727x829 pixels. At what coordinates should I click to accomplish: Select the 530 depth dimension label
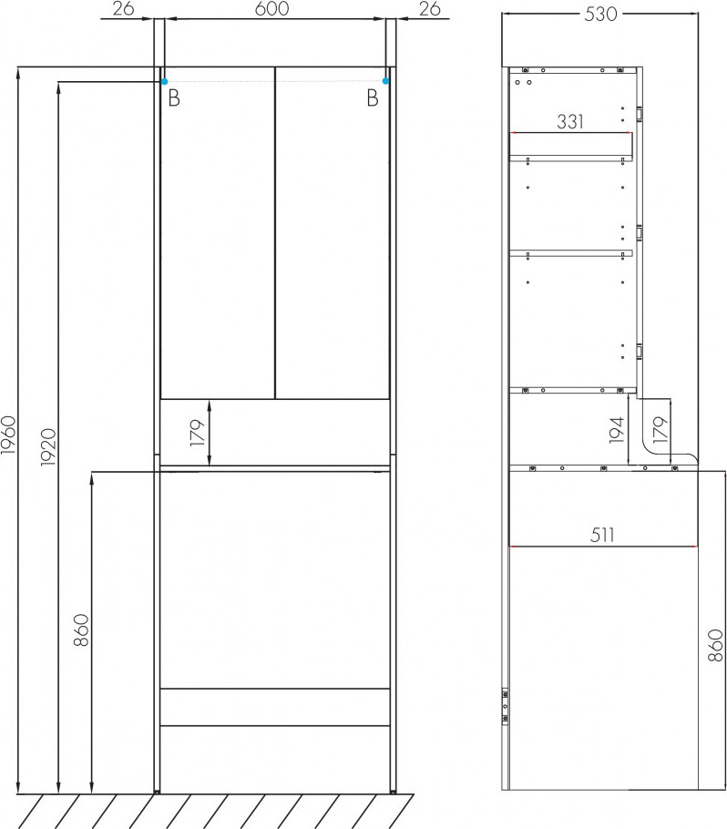pyautogui.click(x=600, y=15)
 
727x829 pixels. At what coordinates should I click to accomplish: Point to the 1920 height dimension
pyautogui.click(x=48, y=447)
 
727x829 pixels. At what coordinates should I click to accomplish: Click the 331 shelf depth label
pyautogui.click(x=570, y=121)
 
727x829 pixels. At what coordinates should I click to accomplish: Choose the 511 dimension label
pyautogui.click(x=601, y=535)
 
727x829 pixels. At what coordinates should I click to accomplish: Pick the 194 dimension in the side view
pyautogui.click(x=617, y=430)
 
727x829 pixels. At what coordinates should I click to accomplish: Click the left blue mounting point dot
pyautogui.click(x=164, y=81)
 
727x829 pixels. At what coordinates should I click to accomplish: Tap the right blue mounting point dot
pyautogui.click(x=385, y=81)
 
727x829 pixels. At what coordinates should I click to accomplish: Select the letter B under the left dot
pyautogui.click(x=174, y=98)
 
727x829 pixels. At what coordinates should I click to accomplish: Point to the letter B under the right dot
pyautogui.click(x=373, y=97)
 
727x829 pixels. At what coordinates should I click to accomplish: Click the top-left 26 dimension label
pyautogui.click(x=123, y=8)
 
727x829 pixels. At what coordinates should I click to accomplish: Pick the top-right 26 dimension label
pyautogui.click(x=429, y=8)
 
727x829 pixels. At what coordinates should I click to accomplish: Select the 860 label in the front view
pyautogui.click(x=81, y=629)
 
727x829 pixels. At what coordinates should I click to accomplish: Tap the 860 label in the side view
pyautogui.click(x=715, y=645)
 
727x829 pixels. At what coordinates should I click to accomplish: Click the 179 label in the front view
pyautogui.click(x=197, y=433)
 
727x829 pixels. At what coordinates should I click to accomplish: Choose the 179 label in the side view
pyautogui.click(x=660, y=430)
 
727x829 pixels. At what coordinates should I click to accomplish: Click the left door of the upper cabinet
pyautogui.click(x=218, y=232)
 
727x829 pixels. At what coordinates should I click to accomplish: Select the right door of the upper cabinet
pyautogui.click(x=333, y=232)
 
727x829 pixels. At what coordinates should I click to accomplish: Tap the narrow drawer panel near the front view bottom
pyautogui.click(x=275, y=707)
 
